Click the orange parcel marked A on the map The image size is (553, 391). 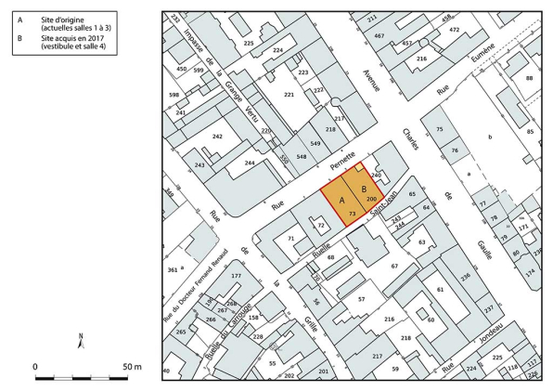point(341,201)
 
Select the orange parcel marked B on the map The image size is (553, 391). point(364,188)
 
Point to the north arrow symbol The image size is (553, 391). point(82,341)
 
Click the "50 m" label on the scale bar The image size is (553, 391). point(130,367)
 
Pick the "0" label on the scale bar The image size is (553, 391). point(35,367)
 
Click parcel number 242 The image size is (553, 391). point(217,137)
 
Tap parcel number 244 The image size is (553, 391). point(250,163)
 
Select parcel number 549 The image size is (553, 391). point(315,143)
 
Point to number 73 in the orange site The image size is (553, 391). point(353,214)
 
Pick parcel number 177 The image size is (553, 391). point(236,276)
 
